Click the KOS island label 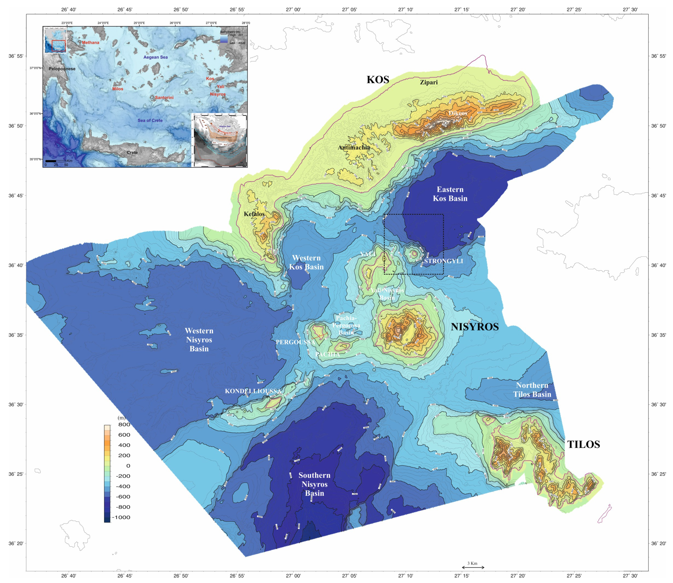pos(378,80)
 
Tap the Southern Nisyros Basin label pos(314,484)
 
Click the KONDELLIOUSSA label pos(253,391)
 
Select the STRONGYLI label pos(443,261)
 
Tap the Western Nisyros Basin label pos(199,340)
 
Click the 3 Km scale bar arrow pos(473,567)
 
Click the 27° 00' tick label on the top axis pos(293,9)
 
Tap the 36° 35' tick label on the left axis pos(15,335)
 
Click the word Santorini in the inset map pos(164,98)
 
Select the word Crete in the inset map pos(132,153)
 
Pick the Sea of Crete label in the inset pos(150,120)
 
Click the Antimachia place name pos(354,148)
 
